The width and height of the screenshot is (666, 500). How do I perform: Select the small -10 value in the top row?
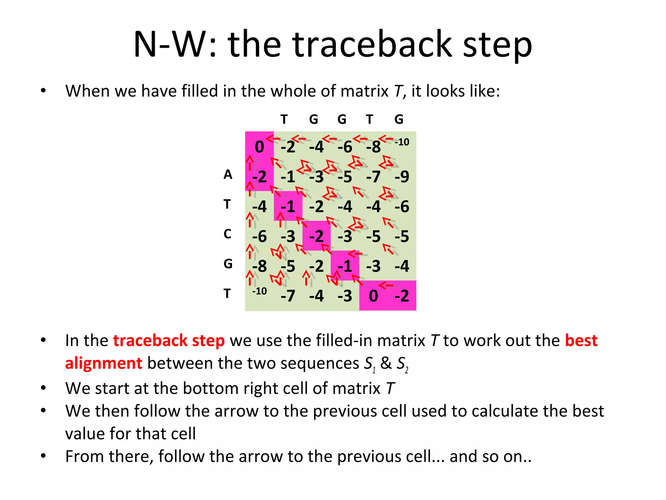(402, 142)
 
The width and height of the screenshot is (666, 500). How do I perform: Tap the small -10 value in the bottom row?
(259, 291)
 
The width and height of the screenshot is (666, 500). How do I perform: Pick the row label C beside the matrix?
(227, 234)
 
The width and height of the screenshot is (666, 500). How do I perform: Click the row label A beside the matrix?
(228, 174)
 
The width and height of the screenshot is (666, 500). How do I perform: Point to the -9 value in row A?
(402, 177)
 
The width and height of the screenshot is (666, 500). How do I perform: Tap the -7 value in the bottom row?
(288, 296)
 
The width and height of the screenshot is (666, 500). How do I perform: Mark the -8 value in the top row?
(373, 147)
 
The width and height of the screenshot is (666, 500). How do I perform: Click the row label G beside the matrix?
(228, 264)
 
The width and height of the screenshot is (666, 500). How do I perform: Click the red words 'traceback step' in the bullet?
(168, 340)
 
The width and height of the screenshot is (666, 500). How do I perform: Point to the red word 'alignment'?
(103, 363)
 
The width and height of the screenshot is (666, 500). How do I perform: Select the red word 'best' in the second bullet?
(581, 340)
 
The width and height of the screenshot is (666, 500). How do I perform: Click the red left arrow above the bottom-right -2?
(386, 286)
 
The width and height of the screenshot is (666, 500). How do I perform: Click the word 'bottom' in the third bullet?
(210, 388)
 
